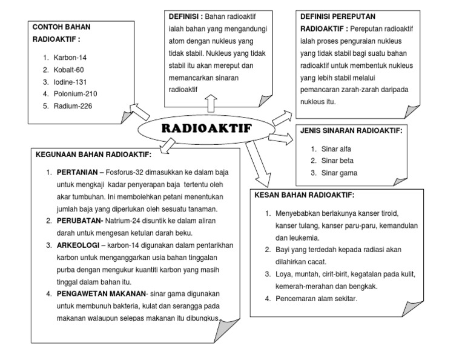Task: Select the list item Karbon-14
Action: point(70,57)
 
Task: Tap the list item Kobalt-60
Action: point(68,69)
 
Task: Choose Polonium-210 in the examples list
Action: point(75,93)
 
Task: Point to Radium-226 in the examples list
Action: point(73,105)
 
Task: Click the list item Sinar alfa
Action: point(336,148)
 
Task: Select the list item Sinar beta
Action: point(337,161)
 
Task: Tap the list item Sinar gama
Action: point(338,173)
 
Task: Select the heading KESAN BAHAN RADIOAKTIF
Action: point(305,195)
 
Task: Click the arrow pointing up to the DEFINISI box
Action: point(210,102)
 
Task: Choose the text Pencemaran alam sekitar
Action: point(315,299)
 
